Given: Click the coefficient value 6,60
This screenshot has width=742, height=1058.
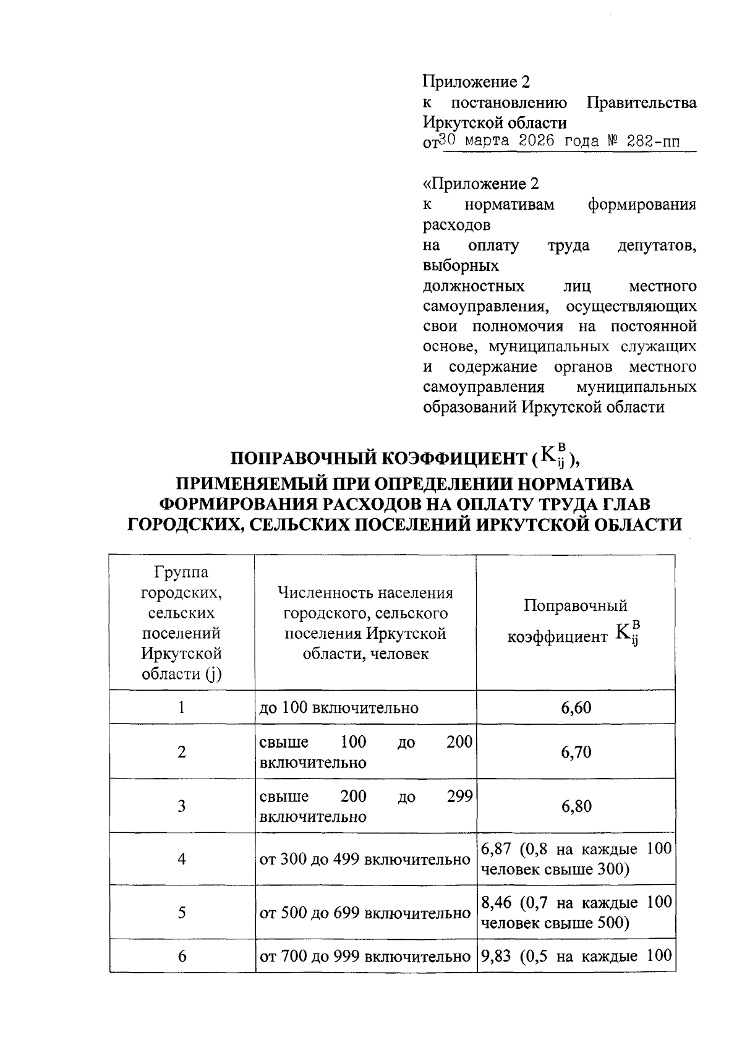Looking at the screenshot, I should pyautogui.click(x=576, y=707).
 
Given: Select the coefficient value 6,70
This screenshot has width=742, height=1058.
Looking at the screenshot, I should pyautogui.click(x=576, y=752).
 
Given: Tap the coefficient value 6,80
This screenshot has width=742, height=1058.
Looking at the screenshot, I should pyautogui.click(x=576, y=806).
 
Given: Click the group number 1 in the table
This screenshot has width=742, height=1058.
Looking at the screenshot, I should pyautogui.click(x=181, y=707).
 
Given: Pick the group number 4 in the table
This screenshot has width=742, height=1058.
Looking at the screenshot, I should pyautogui.click(x=181, y=859).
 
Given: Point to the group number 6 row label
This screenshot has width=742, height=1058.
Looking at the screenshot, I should pyautogui.click(x=181, y=956).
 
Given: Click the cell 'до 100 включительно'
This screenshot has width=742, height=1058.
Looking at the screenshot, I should pyautogui.click(x=339, y=707).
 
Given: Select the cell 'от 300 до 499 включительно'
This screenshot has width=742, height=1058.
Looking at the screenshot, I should pyautogui.click(x=365, y=860).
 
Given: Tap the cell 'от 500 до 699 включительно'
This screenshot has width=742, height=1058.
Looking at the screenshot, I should pyautogui.click(x=365, y=913).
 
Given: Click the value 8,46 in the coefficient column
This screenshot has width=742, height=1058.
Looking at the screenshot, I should pyautogui.click(x=497, y=902).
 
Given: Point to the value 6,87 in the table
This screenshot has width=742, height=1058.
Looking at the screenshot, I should pyautogui.click(x=496, y=848).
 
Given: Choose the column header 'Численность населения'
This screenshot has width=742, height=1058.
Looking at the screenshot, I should pyautogui.click(x=365, y=594).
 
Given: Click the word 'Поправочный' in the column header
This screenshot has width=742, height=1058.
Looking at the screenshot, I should pyautogui.click(x=575, y=605).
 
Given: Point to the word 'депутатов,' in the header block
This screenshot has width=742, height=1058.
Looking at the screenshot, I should pyautogui.click(x=657, y=245).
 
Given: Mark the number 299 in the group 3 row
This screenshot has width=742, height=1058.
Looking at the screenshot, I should pyautogui.click(x=459, y=796).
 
